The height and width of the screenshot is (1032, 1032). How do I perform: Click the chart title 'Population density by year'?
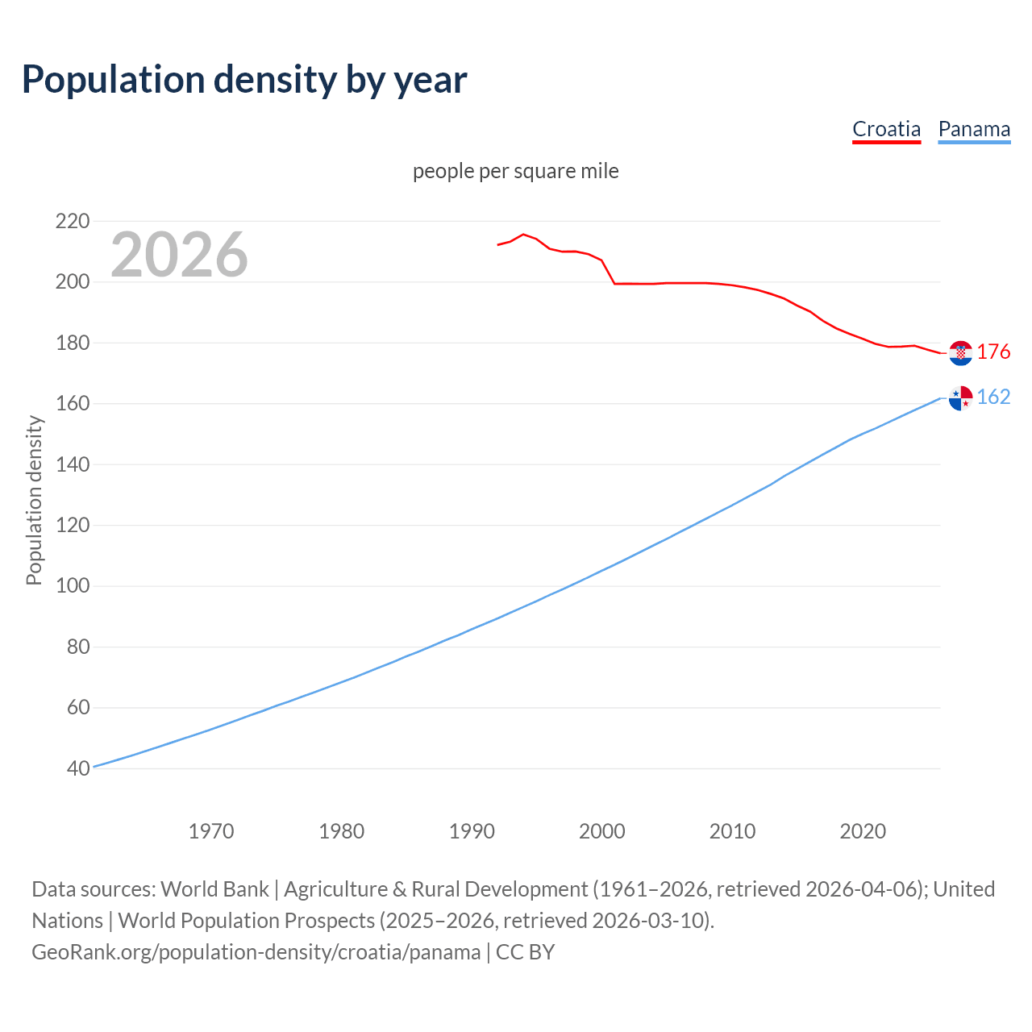244,80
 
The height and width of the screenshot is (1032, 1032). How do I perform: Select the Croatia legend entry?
886,129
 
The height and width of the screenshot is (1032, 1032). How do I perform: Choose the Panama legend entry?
974,129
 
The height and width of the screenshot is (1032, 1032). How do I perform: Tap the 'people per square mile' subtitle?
515,171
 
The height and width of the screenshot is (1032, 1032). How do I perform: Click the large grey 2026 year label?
179,255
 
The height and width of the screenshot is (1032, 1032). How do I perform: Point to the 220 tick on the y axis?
72,221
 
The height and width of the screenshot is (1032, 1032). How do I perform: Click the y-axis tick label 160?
72,403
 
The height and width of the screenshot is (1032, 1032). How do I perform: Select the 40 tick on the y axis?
77,768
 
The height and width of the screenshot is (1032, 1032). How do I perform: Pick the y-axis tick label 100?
72,586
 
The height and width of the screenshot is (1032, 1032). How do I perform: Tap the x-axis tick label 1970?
211,831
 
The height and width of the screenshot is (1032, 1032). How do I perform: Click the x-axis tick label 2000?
602,831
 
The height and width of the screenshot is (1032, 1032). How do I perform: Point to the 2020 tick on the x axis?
863,831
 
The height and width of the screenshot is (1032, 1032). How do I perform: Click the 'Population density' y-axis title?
34,500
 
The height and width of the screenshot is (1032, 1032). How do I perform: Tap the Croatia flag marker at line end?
960,352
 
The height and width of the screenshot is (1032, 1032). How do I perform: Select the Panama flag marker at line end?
960,397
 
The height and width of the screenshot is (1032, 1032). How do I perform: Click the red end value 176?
993,352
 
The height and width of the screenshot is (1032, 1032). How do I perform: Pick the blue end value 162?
993,397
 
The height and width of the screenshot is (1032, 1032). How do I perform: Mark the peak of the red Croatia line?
523,235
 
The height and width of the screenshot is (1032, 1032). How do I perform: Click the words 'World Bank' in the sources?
214,889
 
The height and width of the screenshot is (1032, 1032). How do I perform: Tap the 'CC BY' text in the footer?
525,952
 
